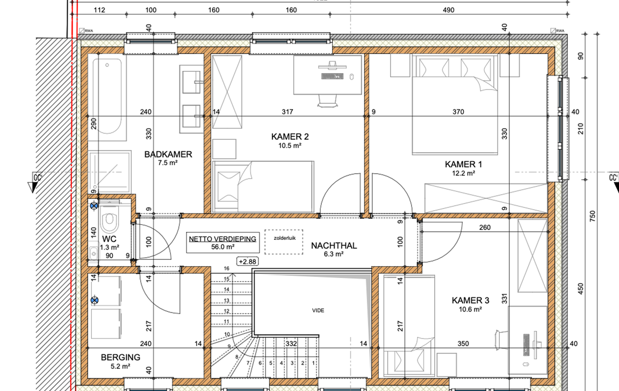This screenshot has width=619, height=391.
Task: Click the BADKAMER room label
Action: tap(168, 154)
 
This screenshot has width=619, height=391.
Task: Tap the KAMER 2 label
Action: tap(290, 137)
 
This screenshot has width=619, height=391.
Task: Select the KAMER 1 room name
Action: tap(464, 164)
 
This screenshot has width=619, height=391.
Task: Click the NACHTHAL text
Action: tap(334, 246)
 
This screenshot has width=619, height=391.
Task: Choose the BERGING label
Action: tap(120, 358)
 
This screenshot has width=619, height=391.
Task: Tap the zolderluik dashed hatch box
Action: tap(284, 241)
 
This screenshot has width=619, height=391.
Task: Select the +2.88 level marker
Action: tap(248, 261)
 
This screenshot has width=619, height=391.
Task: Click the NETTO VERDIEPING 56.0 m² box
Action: tap(223, 243)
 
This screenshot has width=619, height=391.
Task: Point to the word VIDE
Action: tap(318, 310)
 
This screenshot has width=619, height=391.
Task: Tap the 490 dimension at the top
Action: tap(449, 10)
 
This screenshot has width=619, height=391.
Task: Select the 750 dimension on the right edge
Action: tap(593, 216)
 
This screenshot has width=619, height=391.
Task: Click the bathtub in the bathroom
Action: tap(107, 97)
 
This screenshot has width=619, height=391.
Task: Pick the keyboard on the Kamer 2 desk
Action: tap(332, 76)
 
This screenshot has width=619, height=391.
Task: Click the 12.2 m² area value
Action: tap(464, 173)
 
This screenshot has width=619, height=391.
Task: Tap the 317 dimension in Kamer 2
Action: tap(287, 112)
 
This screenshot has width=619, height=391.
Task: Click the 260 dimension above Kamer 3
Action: tap(485, 228)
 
